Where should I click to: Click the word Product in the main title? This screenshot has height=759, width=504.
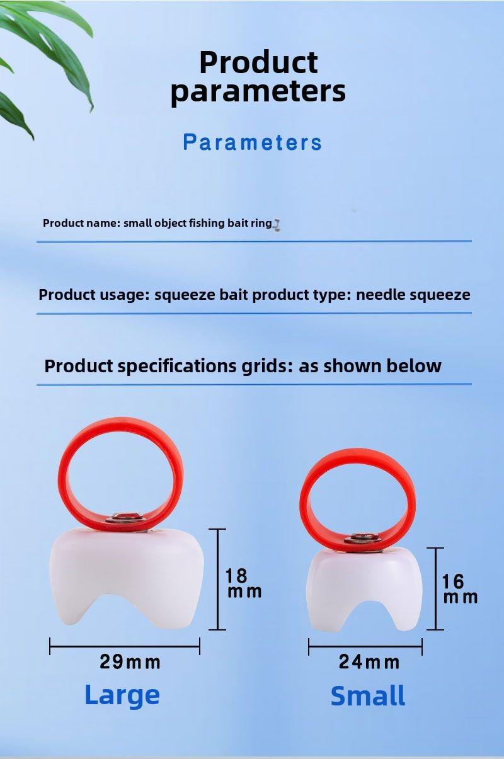point(258,62)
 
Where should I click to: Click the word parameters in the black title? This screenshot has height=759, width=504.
point(258,91)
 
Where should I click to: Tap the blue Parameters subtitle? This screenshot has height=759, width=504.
point(253,142)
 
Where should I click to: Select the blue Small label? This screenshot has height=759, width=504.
point(368,695)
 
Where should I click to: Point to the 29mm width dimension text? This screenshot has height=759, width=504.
point(130,662)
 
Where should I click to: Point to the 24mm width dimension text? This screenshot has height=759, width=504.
point(369,662)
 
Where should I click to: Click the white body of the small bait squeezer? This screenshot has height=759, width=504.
point(364,583)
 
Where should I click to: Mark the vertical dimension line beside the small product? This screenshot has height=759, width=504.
point(435,589)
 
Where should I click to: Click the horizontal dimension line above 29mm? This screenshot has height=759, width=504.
point(125,646)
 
